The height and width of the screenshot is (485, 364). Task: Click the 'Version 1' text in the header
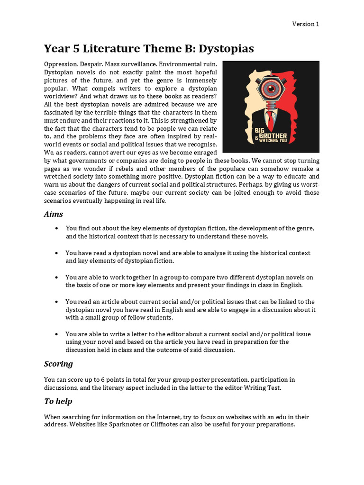305,24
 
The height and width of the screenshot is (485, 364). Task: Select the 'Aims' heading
54,214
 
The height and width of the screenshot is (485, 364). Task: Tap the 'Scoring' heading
58,364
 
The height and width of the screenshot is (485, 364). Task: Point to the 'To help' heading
58,401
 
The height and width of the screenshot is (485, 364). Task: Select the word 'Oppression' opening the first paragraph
60,64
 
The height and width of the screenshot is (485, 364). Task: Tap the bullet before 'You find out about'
57,228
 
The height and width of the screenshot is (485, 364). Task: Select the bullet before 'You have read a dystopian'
57,253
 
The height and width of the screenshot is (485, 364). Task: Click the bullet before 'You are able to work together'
57,277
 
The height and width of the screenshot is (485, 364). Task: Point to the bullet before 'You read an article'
57,302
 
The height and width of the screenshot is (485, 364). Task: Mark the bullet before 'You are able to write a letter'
57,334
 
